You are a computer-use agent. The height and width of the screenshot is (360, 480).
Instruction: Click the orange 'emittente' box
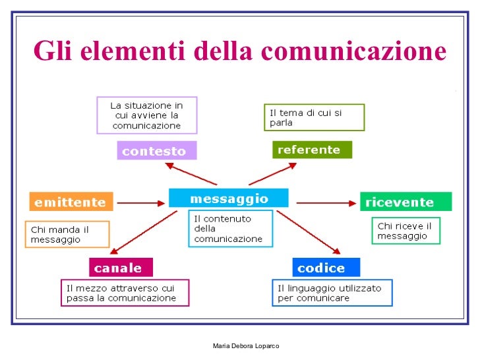71,201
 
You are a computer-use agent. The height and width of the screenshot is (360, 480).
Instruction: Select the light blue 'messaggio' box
228,198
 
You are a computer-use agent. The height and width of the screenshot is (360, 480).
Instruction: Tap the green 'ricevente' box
405,202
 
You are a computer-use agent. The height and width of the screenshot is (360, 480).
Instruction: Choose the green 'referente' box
312,150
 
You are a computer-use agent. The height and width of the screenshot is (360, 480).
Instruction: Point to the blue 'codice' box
326,267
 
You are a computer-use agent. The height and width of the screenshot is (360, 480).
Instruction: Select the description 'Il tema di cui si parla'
314,117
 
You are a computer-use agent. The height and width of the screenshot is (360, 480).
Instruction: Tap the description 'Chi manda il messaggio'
67,234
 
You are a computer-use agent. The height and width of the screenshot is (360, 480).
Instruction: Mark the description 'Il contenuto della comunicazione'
230,228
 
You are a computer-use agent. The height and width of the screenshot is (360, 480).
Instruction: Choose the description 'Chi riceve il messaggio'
405,231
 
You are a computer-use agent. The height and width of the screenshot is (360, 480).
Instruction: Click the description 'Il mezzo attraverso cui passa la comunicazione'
126,293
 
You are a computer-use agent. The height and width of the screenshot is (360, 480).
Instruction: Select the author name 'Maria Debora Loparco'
246,346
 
